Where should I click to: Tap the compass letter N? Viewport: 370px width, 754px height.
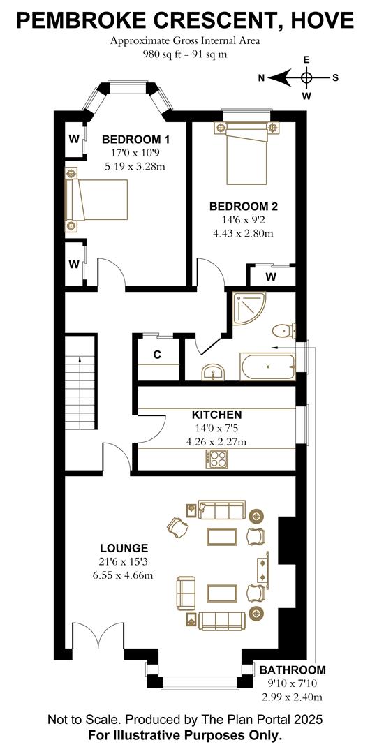(261, 78)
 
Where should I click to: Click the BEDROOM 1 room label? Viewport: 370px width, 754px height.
(135, 140)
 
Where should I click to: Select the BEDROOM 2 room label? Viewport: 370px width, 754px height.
(244, 207)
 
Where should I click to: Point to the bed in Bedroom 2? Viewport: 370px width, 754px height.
(246, 153)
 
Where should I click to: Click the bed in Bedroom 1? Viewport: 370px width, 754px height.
(97, 199)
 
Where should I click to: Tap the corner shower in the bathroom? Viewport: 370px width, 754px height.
(249, 309)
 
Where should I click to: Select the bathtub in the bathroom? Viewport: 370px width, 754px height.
(267, 367)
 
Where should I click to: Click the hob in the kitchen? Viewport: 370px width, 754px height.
(217, 459)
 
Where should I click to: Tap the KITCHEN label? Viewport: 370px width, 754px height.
(217, 415)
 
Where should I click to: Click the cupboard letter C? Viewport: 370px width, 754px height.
(157, 355)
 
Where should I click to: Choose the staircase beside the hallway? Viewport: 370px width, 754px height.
(81, 382)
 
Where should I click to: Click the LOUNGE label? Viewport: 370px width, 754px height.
(124, 548)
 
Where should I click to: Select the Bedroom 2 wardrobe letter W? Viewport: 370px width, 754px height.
(271, 277)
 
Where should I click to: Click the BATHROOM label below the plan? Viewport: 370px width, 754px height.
(293, 670)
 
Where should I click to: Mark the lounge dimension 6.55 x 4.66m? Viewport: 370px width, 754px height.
(124, 575)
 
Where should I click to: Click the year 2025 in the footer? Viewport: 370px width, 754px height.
(309, 720)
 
